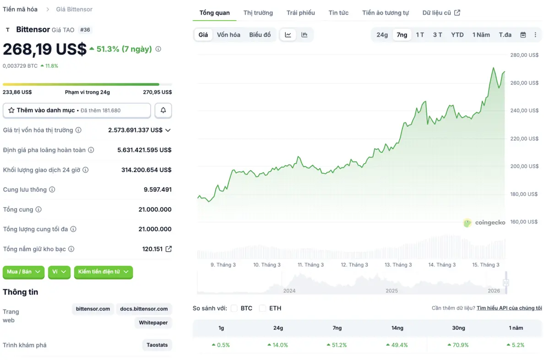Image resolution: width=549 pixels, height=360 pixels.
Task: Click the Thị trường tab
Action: tap(258, 13)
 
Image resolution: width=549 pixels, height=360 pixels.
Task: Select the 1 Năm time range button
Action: tap(481, 35)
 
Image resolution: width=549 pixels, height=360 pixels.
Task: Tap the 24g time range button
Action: tap(382, 35)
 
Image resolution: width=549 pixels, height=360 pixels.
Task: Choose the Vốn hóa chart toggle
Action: tap(228, 35)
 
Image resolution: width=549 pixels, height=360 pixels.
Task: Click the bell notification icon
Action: tap(163, 110)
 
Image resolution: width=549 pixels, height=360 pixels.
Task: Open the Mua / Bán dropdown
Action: tap(23, 272)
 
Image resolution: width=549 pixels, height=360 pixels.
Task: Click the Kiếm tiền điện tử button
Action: tap(103, 272)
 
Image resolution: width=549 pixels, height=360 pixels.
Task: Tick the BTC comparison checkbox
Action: tap(234, 308)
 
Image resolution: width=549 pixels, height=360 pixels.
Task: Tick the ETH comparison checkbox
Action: tap(262, 308)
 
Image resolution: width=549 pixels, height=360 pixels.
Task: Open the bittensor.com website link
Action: tap(92, 309)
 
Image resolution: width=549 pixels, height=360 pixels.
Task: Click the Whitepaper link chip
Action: tap(153, 323)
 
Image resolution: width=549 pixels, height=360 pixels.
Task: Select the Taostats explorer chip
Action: tap(157, 345)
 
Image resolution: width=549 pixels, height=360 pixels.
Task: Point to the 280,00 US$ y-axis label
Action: tap(524, 55)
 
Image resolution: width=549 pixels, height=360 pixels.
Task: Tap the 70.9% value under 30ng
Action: tap(458, 345)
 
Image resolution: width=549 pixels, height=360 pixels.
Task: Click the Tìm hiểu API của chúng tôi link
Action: tap(509, 308)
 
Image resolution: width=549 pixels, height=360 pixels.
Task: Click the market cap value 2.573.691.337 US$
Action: tap(135, 130)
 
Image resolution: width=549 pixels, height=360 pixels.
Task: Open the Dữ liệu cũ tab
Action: tap(441, 13)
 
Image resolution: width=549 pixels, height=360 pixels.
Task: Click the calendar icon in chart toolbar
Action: tap(523, 35)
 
